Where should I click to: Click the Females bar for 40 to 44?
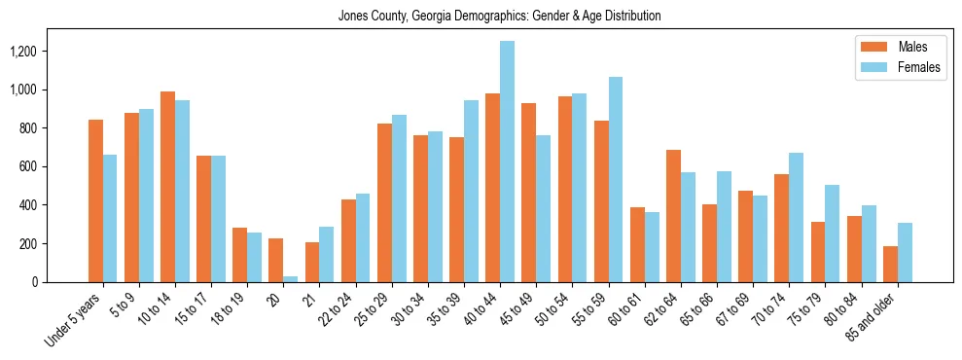[507, 162]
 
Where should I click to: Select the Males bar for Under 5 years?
[95, 200]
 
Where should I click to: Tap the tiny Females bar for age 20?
[291, 279]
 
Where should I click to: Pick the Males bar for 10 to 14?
[167, 187]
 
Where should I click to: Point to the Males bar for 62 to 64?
[673, 216]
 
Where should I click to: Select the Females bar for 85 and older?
[905, 253]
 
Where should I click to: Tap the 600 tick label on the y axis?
[55, 166]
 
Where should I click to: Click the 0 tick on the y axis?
[61, 282]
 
